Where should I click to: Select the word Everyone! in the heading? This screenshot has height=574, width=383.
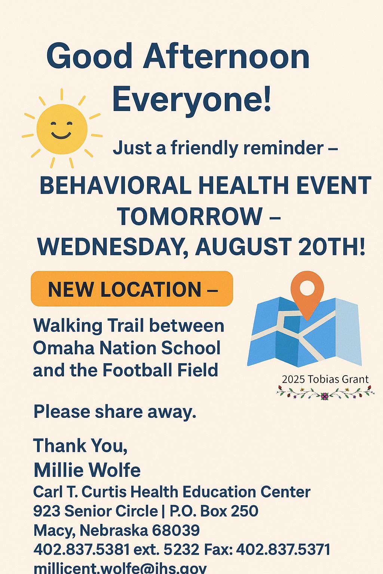pyautogui.click(x=191, y=99)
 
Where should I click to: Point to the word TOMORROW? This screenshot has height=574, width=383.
pyautogui.click(x=190, y=216)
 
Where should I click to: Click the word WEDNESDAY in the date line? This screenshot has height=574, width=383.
pyautogui.click(x=112, y=247)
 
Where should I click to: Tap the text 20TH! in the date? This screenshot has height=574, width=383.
pyautogui.click(x=331, y=247)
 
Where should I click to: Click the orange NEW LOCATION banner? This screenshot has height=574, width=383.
pyautogui.click(x=132, y=288)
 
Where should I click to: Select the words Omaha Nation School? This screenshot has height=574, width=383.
pyautogui.click(x=127, y=348)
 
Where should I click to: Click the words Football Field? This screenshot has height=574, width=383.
pyautogui.click(x=160, y=370)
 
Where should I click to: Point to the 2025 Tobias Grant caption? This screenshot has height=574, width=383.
pyautogui.click(x=325, y=379)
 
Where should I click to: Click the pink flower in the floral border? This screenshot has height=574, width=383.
pyautogui.click(x=324, y=396)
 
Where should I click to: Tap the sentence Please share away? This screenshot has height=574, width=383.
pyautogui.click(x=115, y=412)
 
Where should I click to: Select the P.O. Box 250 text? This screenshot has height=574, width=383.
pyautogui.click(x=214, y=511)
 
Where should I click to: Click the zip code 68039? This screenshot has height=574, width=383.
pyautogui.click(x=176, y=530)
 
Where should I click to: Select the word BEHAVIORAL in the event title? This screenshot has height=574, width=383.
pyautogui.click(x=116, y=185)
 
